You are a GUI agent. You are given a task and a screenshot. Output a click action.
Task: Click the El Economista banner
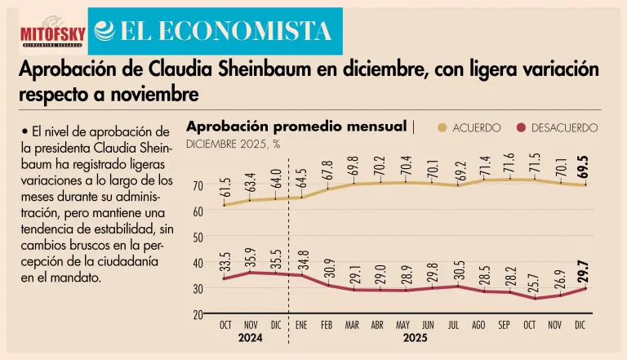pos(214,31)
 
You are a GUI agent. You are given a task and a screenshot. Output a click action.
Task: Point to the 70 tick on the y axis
pos(197,185)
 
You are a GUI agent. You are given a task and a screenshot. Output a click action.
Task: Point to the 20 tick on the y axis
pos(197,314)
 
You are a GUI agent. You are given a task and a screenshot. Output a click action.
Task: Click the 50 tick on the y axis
pos(197,237)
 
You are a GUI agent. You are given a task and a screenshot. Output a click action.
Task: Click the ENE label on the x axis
pos(300,325)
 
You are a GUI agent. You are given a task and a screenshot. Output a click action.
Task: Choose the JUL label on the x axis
pos(453,325)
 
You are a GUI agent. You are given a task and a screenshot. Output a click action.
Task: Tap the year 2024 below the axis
pos(251,338)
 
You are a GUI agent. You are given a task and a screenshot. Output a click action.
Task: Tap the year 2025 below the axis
pos(416,338)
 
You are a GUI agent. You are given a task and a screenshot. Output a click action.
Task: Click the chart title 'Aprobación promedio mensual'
pos(296,127)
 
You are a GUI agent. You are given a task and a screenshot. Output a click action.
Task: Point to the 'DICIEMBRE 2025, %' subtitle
pos(233,144)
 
